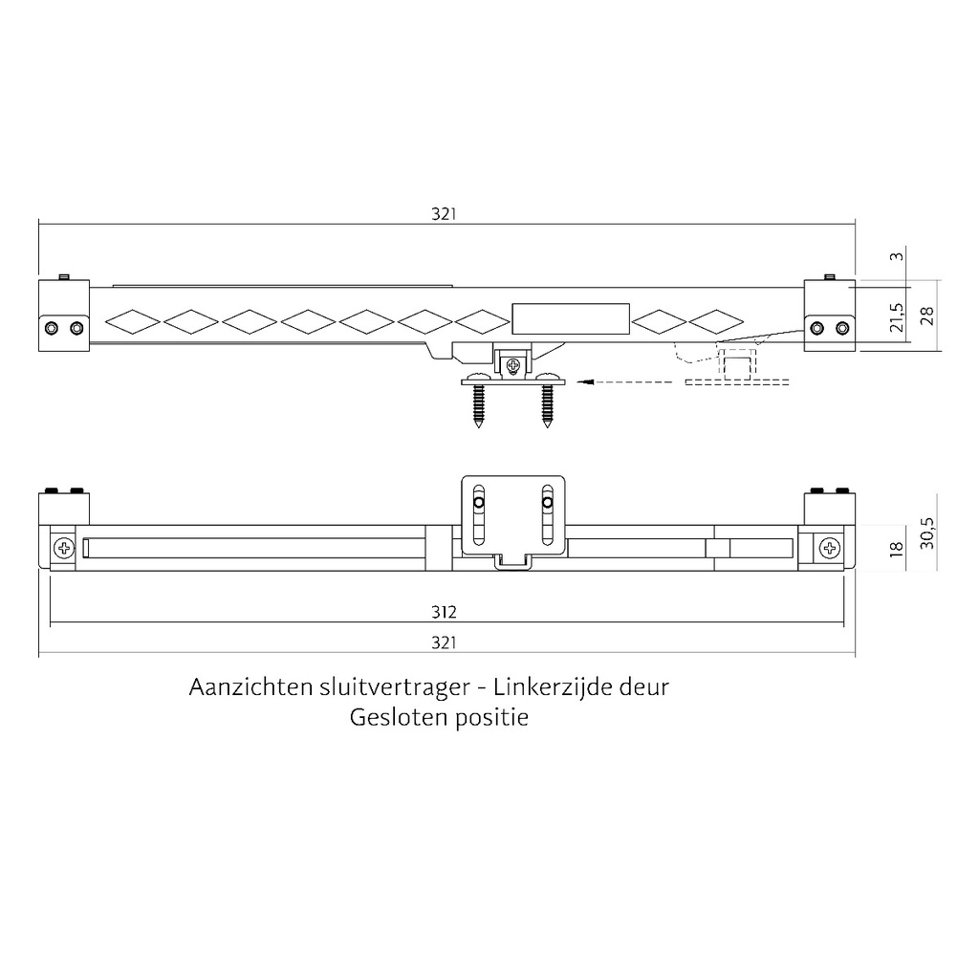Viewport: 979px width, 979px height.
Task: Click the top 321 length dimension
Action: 443,215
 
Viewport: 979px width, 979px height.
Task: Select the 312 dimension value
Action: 443,613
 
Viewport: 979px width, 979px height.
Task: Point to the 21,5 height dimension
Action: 896,317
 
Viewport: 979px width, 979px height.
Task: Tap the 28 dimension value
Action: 926,316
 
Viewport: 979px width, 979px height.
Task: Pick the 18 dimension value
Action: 896,547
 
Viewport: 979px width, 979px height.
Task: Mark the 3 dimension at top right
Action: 896,256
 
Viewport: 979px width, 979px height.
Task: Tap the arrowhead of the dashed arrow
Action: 586,381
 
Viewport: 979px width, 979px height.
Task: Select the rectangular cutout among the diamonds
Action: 571,318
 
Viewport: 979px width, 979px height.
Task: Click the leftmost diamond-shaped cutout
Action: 132,321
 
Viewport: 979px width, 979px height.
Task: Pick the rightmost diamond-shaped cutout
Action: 716,321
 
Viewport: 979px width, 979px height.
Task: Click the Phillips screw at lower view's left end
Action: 65,549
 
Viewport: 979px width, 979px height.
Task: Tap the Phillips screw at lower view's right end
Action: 829,549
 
